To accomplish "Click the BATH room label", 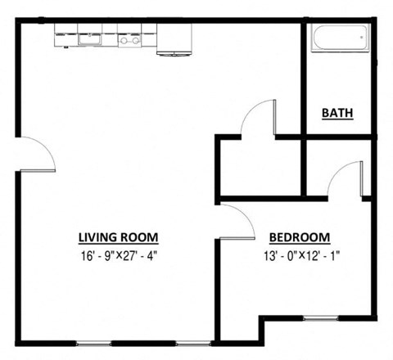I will pyautogui.click(x=337, y=113).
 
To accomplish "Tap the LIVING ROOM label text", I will pyautogui.click(x=117, y=237).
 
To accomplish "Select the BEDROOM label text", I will pyautogui.click(x=300, y=237).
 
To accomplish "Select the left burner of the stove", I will pyautogui.click(x=124, y=38).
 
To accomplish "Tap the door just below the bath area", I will pyautogui.click(x=346, y=178).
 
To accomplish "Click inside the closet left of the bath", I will pyautogui.click(x=258, y=168).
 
